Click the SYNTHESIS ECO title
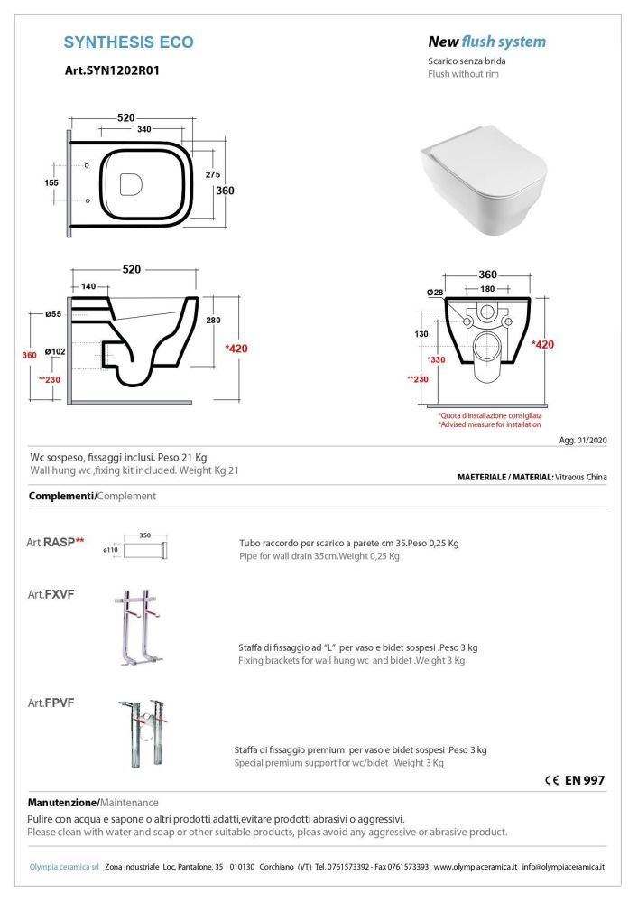tap(129, 42)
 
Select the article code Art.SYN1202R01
tap(113, 70)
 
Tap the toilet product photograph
tap(485, 179)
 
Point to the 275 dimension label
tap(213, 173)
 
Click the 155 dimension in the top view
tap(51, 182)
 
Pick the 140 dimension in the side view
tap(88, 285)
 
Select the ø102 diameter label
tap(56, 351)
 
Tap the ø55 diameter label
tap(53, 313)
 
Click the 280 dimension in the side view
tap(213, 321)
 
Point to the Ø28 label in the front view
tap(437, 292)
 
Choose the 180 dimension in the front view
tap(486, 288)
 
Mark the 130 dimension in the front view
tap(421, 334)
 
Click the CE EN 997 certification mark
tap(575, 781)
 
